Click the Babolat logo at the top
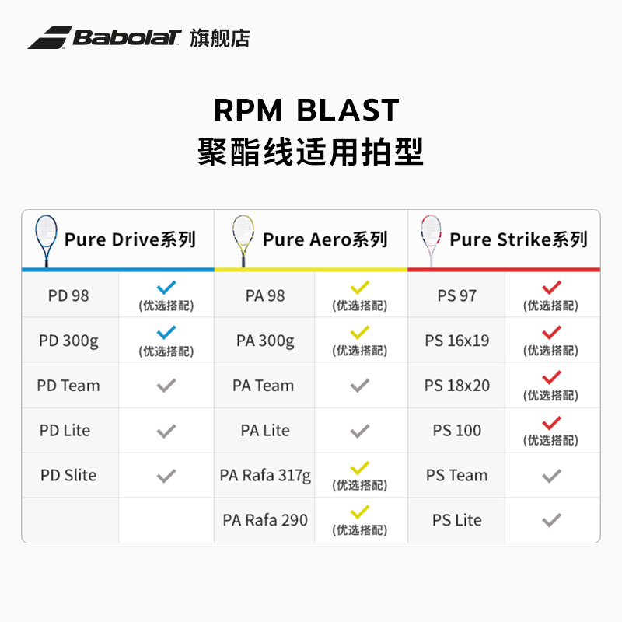pos(105,37)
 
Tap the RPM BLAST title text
pos(306,110)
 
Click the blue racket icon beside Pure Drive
pos(45,239)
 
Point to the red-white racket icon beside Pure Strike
pos(430,239)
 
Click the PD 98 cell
pos(68,295)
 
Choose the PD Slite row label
pos(68,475)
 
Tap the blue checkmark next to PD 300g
pos(166,333)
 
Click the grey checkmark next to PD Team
pos(166,386)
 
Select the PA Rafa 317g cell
pos(265,475)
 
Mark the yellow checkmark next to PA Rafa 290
pos(359,513)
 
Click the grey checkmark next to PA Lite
pos(359,431)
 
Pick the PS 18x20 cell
pos(457,386)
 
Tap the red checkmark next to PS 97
pos(551,288)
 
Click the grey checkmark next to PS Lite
pos(551,520)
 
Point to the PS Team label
pos(457,475)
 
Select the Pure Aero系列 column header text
pos(325,239)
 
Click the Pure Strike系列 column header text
pos(519,239)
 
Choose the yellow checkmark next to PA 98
pos(359,288)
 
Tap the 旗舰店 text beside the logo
pos(220,37)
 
